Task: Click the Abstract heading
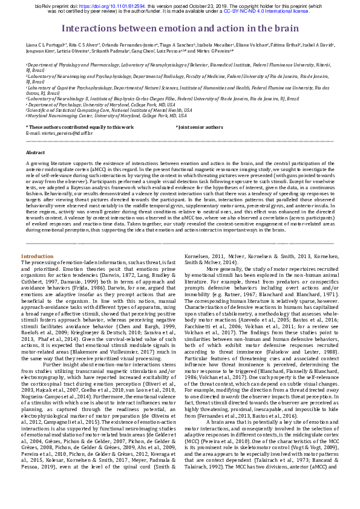(35, 153)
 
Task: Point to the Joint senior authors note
(200, 127)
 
